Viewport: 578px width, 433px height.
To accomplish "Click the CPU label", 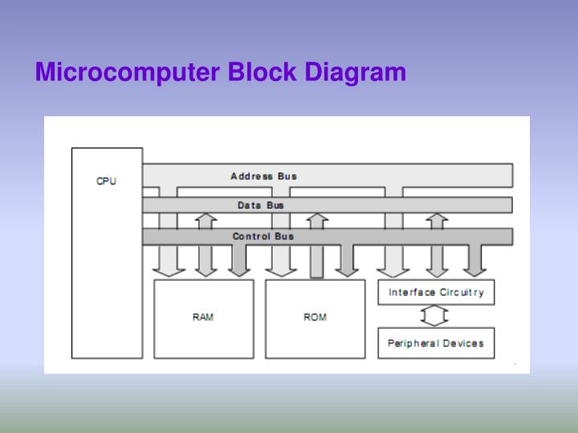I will click(x=106, y=181).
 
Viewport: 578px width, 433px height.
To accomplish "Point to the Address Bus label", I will click(x=263, y=176).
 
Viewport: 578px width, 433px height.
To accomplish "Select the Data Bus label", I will click(x=260, y=205).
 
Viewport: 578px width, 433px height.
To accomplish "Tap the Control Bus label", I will click(x=263, y=237).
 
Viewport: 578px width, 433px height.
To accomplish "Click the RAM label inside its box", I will click(x=203, y=318).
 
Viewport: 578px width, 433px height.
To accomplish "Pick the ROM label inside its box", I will click(x=315, y=318).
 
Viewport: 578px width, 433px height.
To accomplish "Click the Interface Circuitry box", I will click(x=436, y=293).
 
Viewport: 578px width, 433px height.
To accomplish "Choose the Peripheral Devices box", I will click(x=436, y=343).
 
